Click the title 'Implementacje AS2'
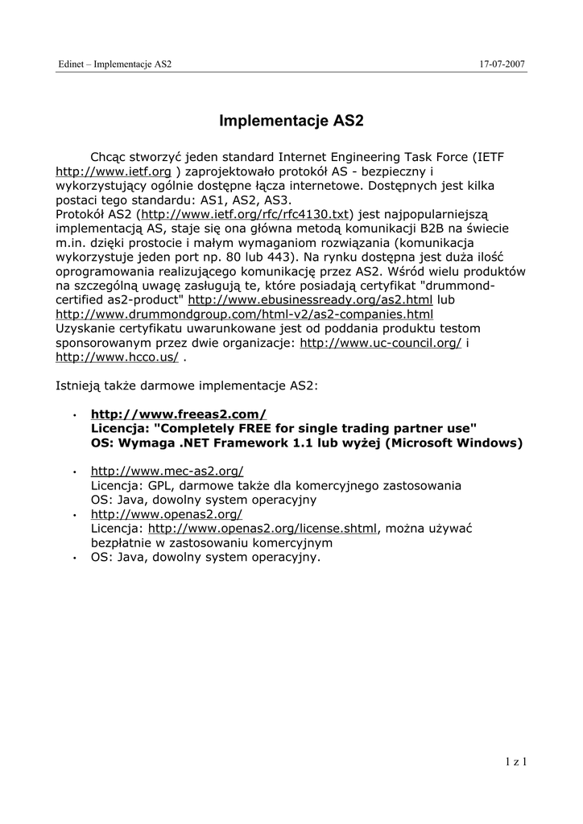(x=291, y=122)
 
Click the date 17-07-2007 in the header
(x=502, y=64)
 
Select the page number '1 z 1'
(x=515, y=760)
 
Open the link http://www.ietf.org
(x=113, y=171)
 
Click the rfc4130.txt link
(x=246, y=214)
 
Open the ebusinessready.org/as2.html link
(x=310, y=299)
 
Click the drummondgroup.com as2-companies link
(x=244, y=314)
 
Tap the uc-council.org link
(x=380, y=342)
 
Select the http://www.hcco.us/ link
(x=117, y=356)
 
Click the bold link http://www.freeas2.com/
(x=178, y=414)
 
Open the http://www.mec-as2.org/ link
(x=167, y=471)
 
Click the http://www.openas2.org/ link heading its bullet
(x=166, y=513)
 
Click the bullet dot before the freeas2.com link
(x=74, y=415)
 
